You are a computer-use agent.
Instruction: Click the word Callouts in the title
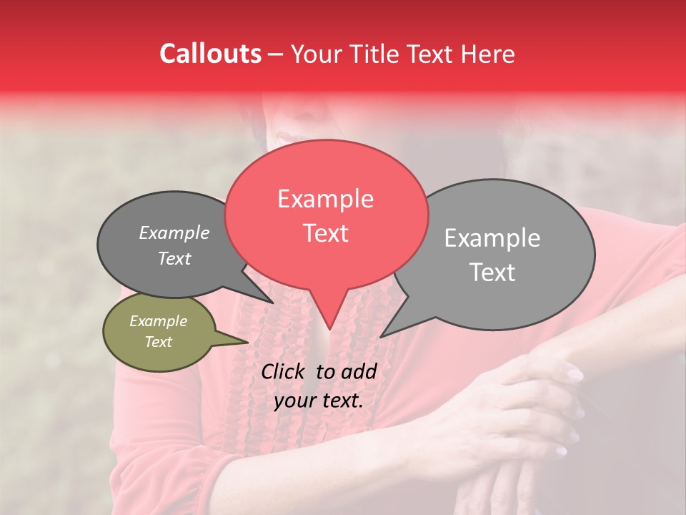[x=210, y=54]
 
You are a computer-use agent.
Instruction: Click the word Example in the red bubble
[x=325, y=199]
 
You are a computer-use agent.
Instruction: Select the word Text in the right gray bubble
[x=492, y=273]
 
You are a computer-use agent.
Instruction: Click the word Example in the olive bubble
[x=158, y=321]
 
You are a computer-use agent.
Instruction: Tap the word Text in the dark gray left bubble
[x=174, y=259]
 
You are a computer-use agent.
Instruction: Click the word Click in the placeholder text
[x=283, y=371]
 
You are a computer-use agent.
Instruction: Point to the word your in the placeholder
[x=294, y=401]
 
